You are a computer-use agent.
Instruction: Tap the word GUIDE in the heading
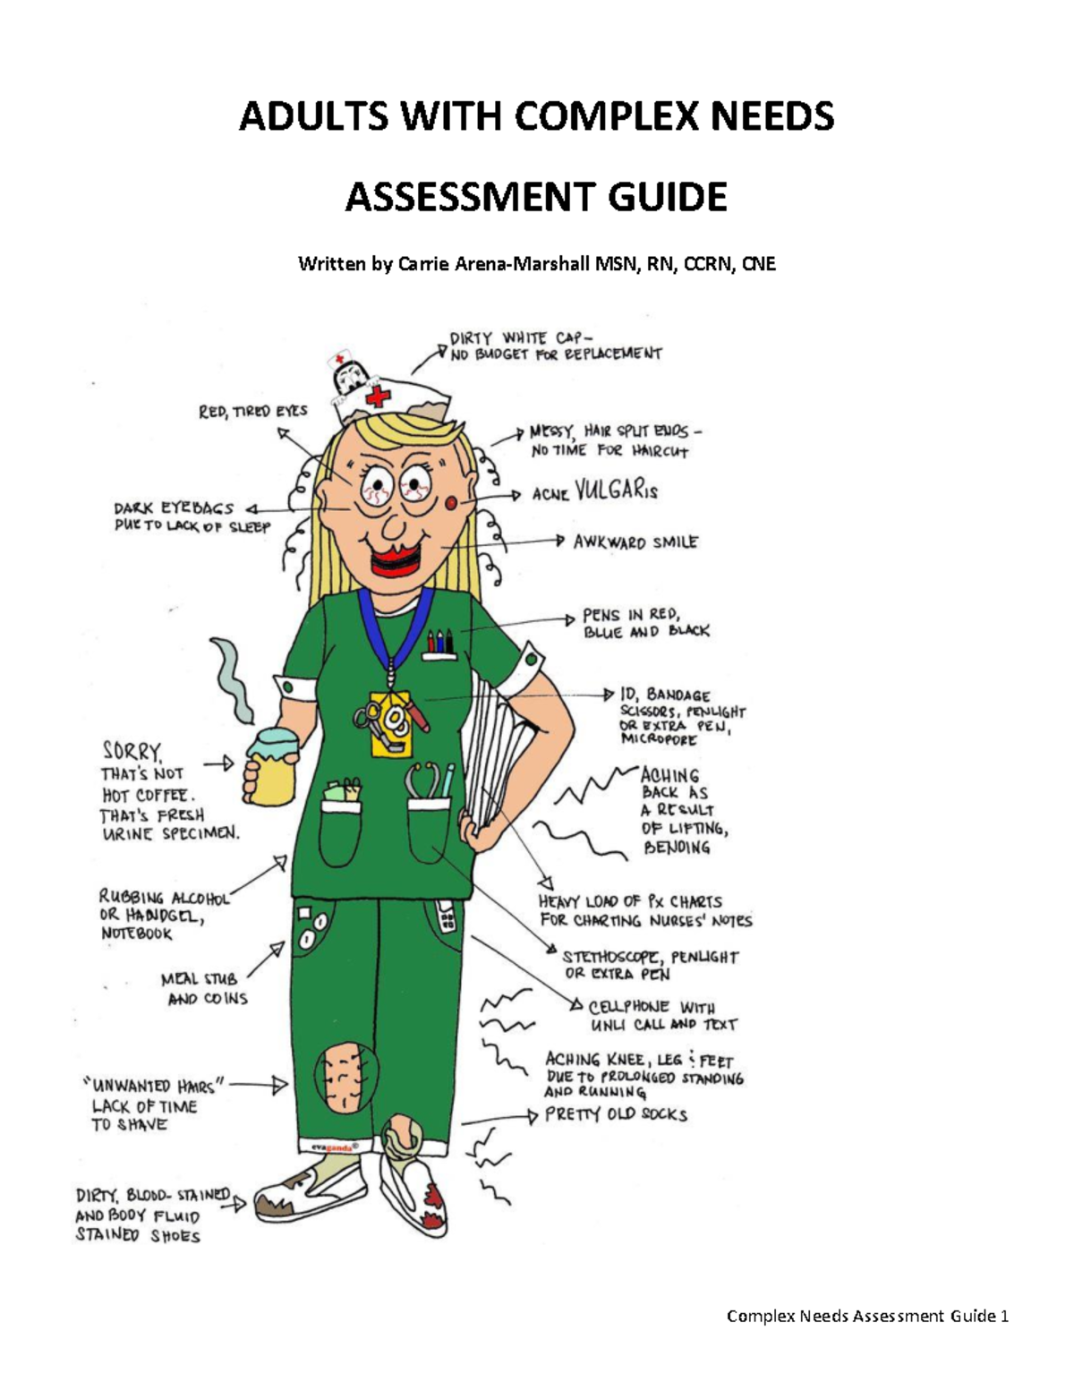pos(668,197)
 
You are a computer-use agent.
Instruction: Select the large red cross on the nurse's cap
pos(378,395)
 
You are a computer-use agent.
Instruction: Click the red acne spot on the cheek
pos(452,504)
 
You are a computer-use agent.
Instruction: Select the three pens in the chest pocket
pos(439,642)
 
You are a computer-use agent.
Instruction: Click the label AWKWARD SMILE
pos(635,542)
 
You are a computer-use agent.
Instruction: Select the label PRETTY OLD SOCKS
pos(616,1114)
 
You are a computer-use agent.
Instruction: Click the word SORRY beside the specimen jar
pos(132,750)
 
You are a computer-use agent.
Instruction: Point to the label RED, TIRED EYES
pos(252,411)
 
